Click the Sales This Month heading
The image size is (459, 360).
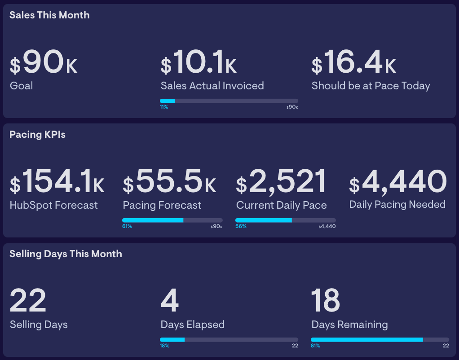(49, 15)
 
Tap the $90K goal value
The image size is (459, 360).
(44, 62)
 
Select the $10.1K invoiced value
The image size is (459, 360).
(199, 62)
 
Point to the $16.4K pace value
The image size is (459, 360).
(354, 62)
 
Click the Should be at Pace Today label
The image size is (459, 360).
(371, 86)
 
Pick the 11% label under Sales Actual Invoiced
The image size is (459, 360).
(164, 107)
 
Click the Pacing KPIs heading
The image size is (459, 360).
(37, 134)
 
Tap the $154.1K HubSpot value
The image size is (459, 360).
(57, 182)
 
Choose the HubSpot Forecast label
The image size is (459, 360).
(53, 205)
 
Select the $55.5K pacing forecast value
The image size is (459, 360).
(169, 182)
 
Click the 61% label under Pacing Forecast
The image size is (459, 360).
(127, 227)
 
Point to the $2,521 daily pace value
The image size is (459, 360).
(281, 182)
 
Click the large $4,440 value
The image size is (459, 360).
(398, 182)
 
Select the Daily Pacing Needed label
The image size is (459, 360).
(397, 205)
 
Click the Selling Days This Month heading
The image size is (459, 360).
(66, 254)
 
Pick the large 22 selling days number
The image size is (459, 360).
(28, 301)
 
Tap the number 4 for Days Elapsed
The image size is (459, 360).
(170, 301)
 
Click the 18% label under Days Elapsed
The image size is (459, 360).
(164, 346)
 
